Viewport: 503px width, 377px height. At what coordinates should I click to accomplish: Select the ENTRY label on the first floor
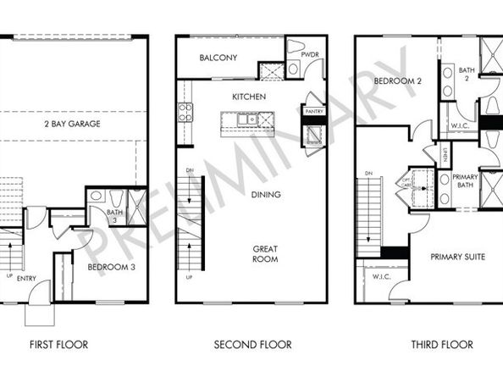pos(27,278)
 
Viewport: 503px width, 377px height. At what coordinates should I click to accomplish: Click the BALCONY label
pos(218,58)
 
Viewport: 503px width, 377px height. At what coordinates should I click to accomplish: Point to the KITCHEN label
pos(249,97)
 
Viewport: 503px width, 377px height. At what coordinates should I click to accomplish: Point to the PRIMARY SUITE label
pos(457,257)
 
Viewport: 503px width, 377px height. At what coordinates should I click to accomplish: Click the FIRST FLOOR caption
pos(59,345)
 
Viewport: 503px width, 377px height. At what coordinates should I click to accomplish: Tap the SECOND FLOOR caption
pos(252,345)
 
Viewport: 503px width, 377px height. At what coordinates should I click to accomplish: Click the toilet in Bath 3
pos(97,196)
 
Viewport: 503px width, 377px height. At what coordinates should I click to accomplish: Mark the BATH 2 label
pos(466,74)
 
